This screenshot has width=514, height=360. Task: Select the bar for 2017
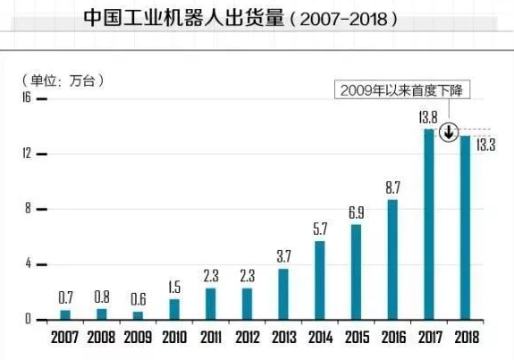[428, 224]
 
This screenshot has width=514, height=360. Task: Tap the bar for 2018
[464, 227]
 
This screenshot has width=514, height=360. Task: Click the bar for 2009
[138, 314]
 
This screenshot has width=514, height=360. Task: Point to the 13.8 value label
[428, 117]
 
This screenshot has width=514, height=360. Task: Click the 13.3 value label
[485, 145]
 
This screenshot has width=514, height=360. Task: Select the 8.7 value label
[392, 188]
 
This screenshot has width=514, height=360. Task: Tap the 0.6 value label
[138, 298]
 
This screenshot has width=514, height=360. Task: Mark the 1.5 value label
[174, 286]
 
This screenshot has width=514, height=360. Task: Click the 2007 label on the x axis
[65, 339]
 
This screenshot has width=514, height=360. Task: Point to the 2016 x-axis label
[392, 339]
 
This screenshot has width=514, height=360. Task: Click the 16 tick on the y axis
[27, 98]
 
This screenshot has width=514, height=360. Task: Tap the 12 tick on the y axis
[27, 154]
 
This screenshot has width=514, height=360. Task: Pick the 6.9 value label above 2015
[356, 213]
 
